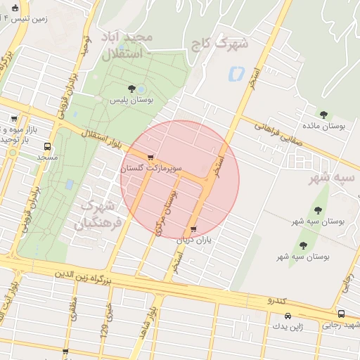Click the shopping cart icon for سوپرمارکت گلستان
pyautogui.click(x=150, y=157)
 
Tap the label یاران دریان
pyautogui.click(x=193, y=240)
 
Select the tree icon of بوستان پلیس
pyautogui.click(x=131, y=88)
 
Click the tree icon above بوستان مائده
pyautogui.click(x=323, y=115)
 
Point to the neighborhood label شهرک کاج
pyautogui.click(x=220, y=44)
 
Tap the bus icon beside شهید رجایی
pyautogui.click(x=341, y=314)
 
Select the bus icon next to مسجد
pyautogui.click(x=48, y=147)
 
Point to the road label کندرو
pyautogui.click(x=276, y=300)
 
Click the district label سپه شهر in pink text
pyautogui.click(x=333, y=178)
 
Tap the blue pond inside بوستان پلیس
pyautogui.click(x=141, y=89)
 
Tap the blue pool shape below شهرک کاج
pyautogui.click(x=236, y=72)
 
